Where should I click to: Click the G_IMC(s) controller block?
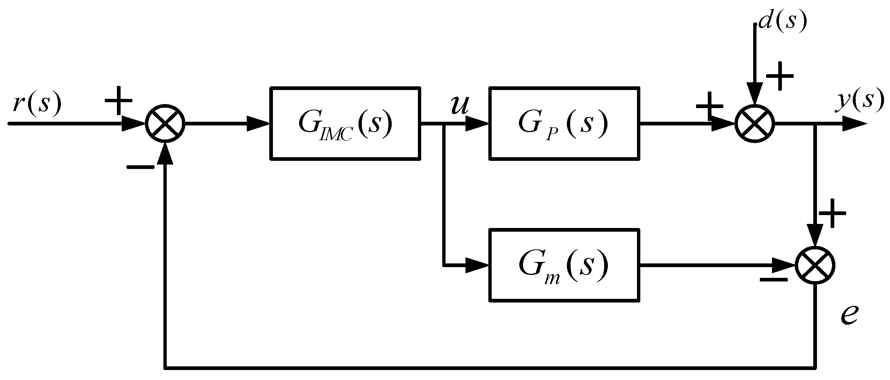coord(346,123)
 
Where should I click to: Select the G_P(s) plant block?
coord(564,123)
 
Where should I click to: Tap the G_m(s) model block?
coord(564,265)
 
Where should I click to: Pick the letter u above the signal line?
coord(460,106)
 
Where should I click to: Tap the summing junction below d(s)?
coord(755,123)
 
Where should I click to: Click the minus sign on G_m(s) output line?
coord(773,279)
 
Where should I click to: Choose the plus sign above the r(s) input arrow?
coord(118,101)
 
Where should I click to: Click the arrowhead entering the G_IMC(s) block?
coord(258,123)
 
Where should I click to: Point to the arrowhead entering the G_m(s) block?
coord(477,265)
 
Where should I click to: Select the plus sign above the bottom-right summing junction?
coord(832,214)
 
